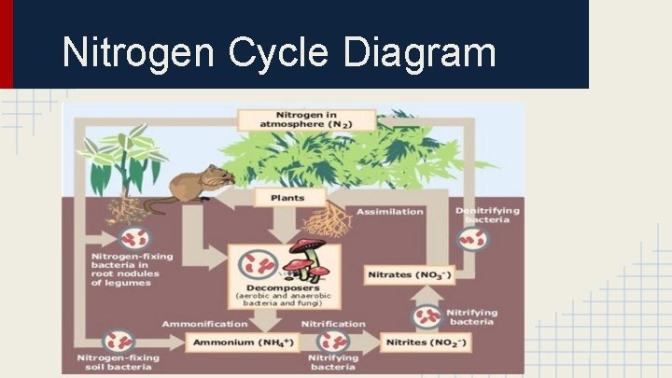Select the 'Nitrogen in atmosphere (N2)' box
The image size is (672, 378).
[x=305, y=119]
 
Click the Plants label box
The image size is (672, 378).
[x=287, y=198]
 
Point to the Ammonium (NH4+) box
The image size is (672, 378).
[x=241, y=343]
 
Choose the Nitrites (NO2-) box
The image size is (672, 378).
[x=427, y=343]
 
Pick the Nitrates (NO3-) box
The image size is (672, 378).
[x=408, y=275]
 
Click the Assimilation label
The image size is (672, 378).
[x=389, y=211]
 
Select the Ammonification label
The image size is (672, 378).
[x=205, y=324]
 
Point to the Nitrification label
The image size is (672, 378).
[x=333, y=324]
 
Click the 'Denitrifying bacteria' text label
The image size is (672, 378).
[x=488, y=214]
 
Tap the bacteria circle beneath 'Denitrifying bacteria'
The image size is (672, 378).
[x=471, y=239]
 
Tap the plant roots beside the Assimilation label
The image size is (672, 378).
[x=328, y=218]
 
